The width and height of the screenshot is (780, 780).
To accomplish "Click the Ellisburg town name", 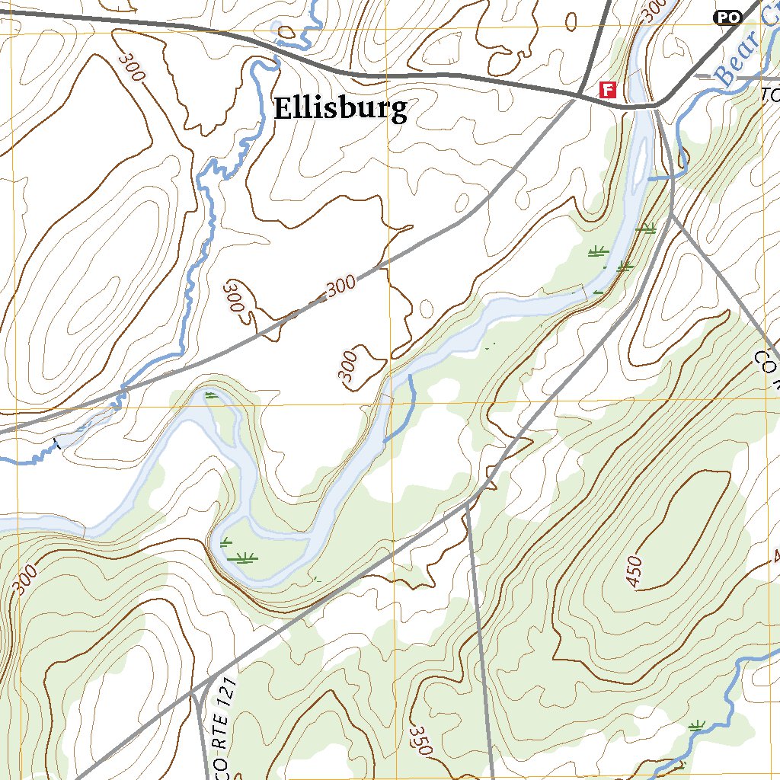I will click(340, 108).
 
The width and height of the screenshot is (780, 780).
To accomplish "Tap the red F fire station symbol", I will click(608, 90).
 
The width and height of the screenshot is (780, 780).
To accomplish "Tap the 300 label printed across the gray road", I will click(341, 286).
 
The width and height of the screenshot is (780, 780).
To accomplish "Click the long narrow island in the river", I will click(638, 152).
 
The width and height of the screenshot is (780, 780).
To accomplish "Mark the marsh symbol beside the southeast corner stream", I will click(695, 727).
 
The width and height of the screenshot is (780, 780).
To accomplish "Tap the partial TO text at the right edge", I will click(771, 94).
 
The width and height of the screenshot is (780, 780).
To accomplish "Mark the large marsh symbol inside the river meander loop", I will click(245, 558).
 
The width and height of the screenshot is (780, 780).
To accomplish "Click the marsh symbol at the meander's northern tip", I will click(210, 395).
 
